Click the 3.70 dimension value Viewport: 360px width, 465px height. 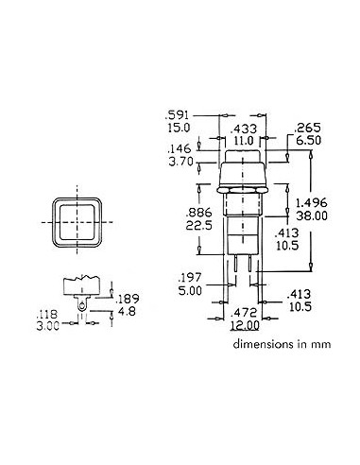pyautogui.click(x=180, y=162)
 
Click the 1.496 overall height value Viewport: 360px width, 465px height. pyautogui.click(x=313, y=201)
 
